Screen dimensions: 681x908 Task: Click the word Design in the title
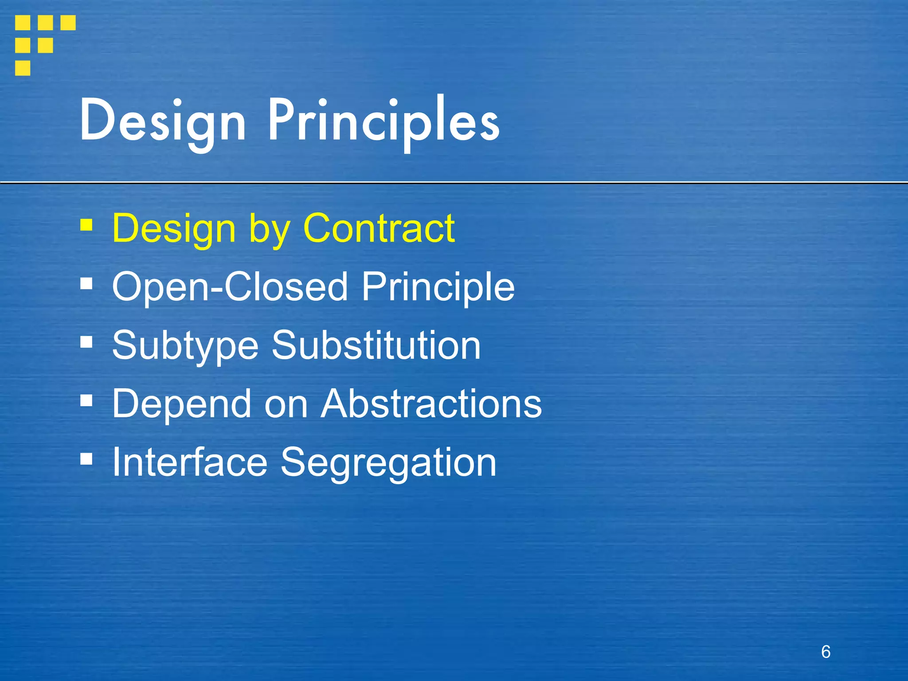coord(163,121)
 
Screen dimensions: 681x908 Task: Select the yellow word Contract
coord(379,228)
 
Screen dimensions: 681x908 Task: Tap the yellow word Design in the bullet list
coord(174,228)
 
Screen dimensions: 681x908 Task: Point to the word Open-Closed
coord(230,287)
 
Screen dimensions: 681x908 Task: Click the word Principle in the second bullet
coord(438,287)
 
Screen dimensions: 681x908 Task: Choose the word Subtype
coord(185,345)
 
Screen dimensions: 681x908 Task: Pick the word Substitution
coord(376,345)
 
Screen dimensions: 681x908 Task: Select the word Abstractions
coord(431,404)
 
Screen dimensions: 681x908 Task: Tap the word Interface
coord(190,462)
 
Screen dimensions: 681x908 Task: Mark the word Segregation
coord(388,462)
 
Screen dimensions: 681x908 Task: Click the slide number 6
coord(826,652)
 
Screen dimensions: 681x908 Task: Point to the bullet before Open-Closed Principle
coord(86,283)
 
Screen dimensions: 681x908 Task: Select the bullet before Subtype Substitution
coord(86,342)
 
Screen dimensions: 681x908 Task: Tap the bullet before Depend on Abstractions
coord(86,400)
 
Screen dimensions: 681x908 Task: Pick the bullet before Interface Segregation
coord(86,459)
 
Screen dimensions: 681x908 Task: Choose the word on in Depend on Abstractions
coord(286,405)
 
